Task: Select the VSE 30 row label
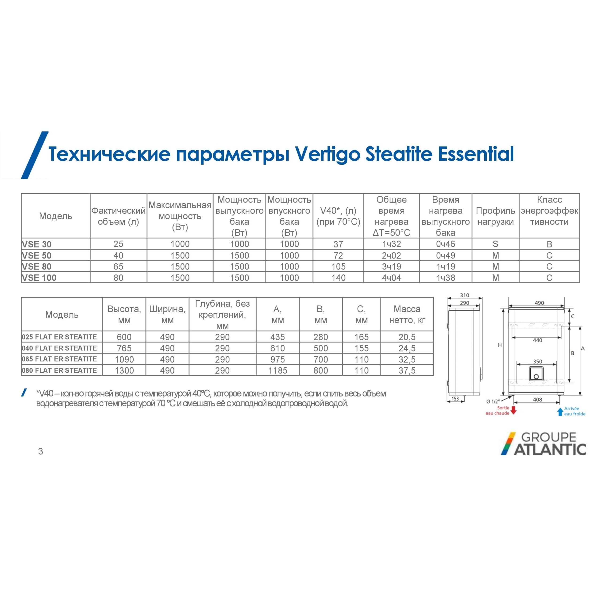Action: click(x=37, y=244)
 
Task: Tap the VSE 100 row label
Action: click(x=39, y=277)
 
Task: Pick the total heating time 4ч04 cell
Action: click(x=391, y=277)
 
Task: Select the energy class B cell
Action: click(x=549, y=244)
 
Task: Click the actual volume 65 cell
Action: click(x=118, y=267)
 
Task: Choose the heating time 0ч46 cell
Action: click(x=445, y=244)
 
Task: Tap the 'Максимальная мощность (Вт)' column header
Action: click(x=180, y=216)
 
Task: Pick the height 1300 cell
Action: click(x=124, y=370)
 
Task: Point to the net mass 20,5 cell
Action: click(x=407, y=337)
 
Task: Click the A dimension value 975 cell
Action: click(x=277, y=359)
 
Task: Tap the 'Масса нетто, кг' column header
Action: click(x=407, y=315)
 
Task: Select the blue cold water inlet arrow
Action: click(x=560, y=412)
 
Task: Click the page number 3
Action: click(x=40, y=451)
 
